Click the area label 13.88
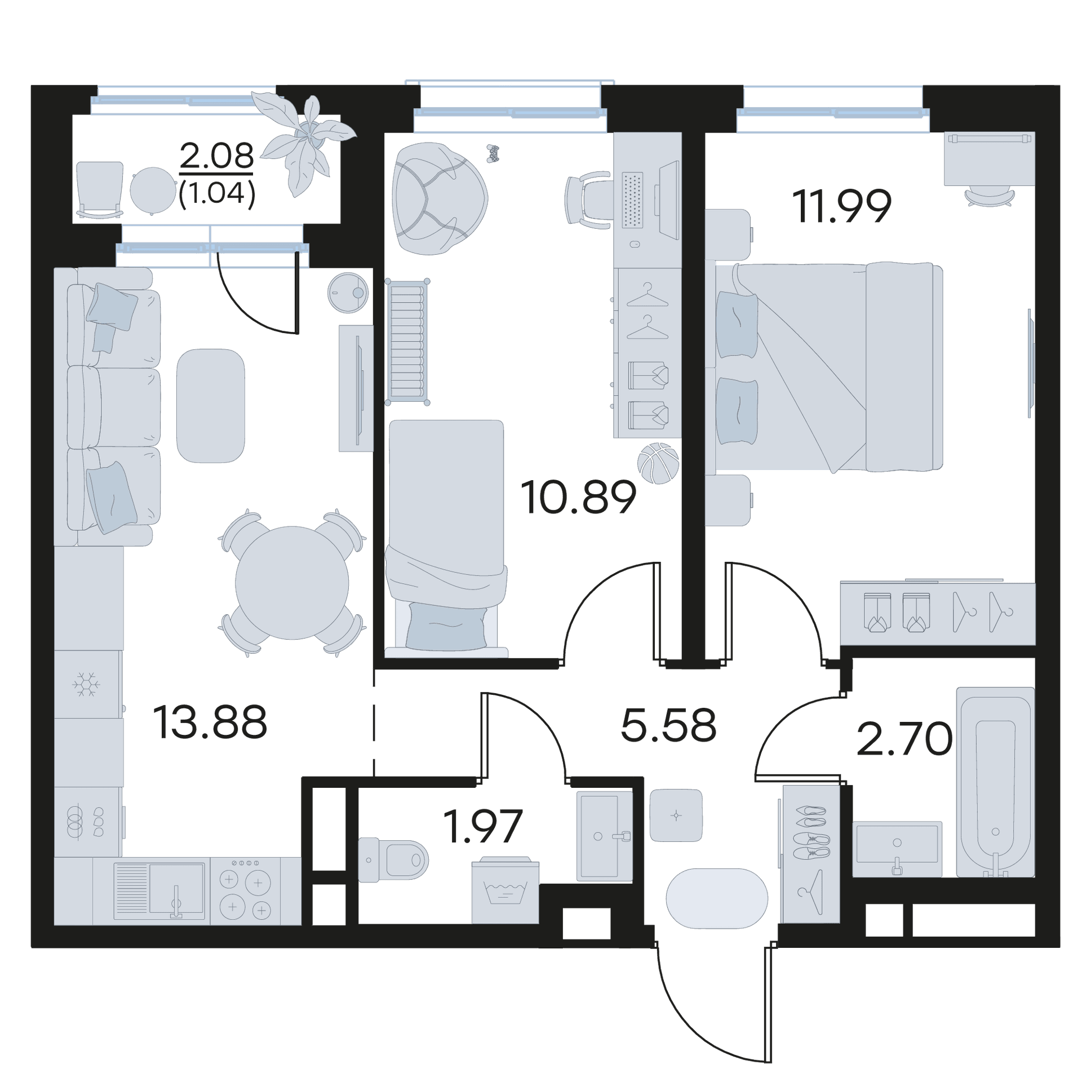coord(210,722)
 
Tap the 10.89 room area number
coord(578,498)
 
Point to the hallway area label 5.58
coord(668,725)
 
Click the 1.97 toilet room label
coord(483,826)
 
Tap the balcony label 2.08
coord(217,156)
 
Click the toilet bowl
coord(393,859)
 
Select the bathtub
coord(995,782)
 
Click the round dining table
coord(292,583)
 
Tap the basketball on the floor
coord(658,463)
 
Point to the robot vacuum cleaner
coord(348,292)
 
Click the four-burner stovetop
coord(245,892)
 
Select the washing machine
coord(505,890)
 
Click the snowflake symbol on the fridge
coord(86,684)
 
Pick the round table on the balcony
coord(153,190)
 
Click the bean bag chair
coord(440,198)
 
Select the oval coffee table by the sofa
coord(210,406)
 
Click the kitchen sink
coord(159,892)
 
